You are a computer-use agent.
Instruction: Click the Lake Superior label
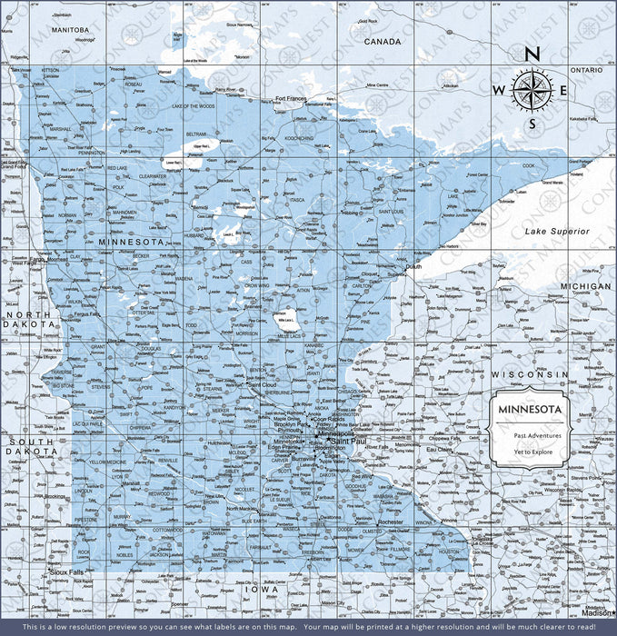pos(557,232)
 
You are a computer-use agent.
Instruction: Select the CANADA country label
pos(383,42)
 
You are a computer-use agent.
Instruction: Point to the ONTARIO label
pos(586,70)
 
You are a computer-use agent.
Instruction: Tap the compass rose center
pos(532,89)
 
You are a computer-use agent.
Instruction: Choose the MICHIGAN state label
pos(585,286)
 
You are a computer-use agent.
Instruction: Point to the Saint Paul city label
pos(348,442)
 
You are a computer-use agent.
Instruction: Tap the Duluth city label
pos(413,267)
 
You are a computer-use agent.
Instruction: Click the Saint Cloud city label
pos(267,385)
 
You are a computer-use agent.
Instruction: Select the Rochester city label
pos(391,522)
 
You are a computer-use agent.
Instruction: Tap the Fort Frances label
pos(292,98)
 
